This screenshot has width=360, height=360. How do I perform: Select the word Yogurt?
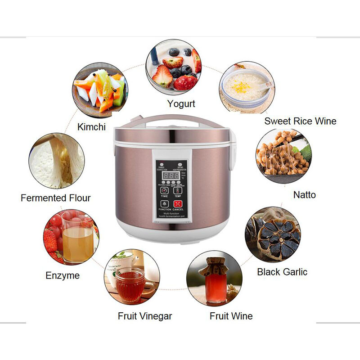(181, 104)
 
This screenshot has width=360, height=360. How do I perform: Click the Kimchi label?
(91, 127)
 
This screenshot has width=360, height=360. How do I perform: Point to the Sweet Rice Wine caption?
(300, 121)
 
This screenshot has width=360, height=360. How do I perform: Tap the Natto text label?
(305, 195)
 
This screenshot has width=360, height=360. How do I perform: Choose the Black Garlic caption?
(282, 272)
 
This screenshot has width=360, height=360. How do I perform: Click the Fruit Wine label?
(231, 316)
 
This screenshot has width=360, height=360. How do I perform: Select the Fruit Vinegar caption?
(145, 316)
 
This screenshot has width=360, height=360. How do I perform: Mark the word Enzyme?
(63, 275)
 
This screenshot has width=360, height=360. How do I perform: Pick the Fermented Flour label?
(56, 198)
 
